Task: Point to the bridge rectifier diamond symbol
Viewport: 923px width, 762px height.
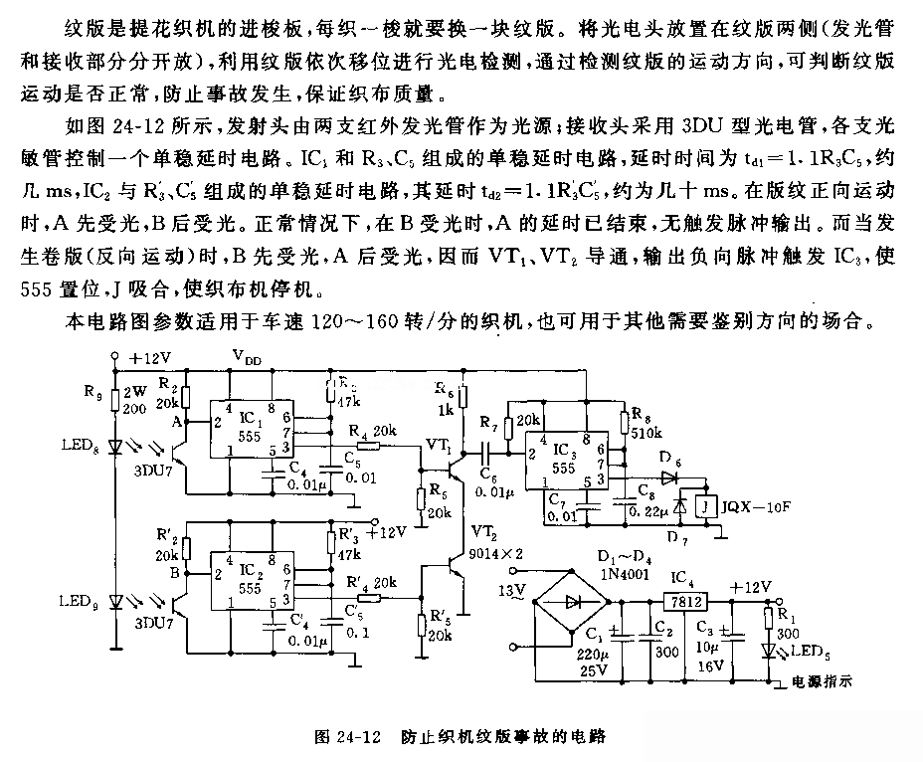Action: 572,603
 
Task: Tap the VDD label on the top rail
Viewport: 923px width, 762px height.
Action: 249,355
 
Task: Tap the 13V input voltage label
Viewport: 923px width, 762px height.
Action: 510,592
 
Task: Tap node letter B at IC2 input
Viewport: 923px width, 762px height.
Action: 174,573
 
